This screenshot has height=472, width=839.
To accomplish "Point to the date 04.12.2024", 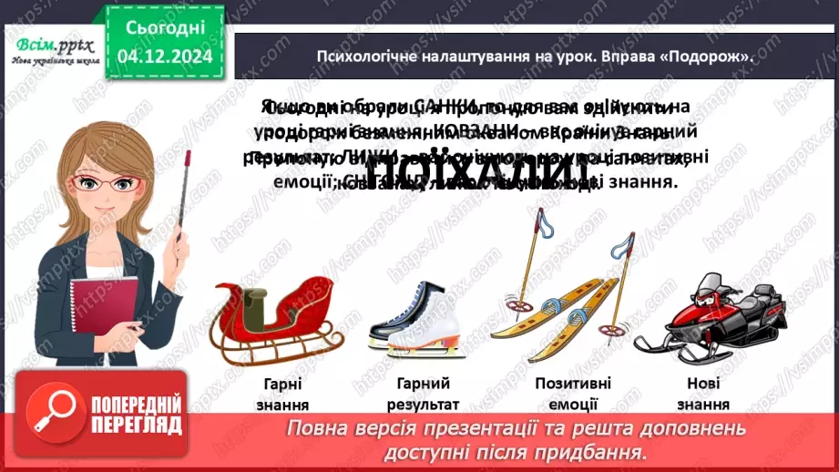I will (x=165, y=56).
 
